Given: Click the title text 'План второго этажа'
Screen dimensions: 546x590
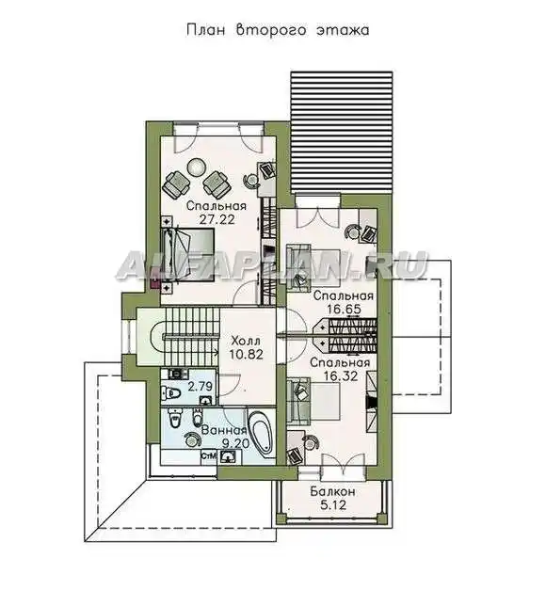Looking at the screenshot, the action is coord(278,30).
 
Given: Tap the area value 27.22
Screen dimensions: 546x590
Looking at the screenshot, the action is coord(217,219).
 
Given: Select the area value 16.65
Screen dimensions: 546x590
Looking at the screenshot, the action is coord(344,310).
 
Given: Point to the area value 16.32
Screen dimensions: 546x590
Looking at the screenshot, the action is coord(340,375).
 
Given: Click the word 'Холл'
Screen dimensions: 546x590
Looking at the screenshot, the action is coord(246,341).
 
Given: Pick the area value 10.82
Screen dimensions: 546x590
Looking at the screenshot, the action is coord(247,355).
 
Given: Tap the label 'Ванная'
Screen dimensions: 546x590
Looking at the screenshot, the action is coord(224,430).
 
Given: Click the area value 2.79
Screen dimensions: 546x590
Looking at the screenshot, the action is coord(201,387).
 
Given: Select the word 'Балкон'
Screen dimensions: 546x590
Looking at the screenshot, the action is coord(332,491).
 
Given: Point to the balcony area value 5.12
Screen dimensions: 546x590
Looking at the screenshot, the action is coord(333,505).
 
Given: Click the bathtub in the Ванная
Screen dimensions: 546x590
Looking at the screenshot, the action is coord(262,434).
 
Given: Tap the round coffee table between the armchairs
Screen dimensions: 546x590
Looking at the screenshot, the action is coord(196,167).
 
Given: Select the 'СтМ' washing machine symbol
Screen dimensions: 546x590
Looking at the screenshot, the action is coord(209,456).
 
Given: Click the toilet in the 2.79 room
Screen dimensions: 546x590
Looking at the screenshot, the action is coord(171,392).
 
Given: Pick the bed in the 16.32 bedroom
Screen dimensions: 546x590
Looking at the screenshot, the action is coord(313,402).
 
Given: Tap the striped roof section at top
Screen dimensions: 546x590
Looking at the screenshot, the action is coord(342,133).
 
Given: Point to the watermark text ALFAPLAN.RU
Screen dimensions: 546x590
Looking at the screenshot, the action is coord(272,265).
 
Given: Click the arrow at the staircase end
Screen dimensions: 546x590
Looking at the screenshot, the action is coord(216,353).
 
